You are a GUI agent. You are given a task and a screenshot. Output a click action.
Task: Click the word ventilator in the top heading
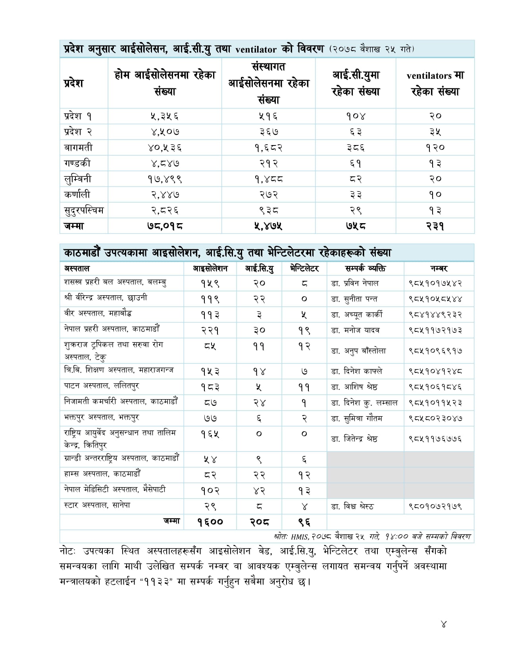tap(256, 50)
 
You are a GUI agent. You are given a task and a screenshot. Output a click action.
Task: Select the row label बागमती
tap(78, 147)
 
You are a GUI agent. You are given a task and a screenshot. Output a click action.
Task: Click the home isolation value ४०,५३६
tap(165, 147)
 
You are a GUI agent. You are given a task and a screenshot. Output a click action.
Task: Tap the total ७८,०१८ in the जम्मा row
tap(165, 226)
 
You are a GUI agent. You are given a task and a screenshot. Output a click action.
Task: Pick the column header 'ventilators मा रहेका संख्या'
tap(435, 83)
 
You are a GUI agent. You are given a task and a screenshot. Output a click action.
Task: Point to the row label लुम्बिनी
tap(77, 179)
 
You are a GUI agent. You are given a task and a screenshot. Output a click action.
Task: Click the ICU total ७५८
tap(356, 226)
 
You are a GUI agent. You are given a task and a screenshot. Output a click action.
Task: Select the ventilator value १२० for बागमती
tap(435, 147)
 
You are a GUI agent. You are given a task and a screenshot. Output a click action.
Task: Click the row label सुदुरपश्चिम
tap(84, 210)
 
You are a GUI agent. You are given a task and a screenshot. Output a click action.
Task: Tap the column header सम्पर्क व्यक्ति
tap(365, 268)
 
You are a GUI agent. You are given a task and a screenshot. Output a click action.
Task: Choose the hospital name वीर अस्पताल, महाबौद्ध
tap(98, 314)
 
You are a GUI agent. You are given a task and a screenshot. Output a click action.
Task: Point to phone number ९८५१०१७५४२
tap(435, 283)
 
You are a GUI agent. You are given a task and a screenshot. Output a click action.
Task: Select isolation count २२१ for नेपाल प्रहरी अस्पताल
tap(210, 330)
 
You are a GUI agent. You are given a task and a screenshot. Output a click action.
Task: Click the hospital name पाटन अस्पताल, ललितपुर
tap(102, 386)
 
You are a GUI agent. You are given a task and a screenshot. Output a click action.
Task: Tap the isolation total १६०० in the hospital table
tap(210, 522)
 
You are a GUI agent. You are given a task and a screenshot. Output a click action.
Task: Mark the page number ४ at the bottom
tap(443, 624)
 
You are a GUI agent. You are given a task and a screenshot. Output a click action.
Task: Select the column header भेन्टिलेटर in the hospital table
tap(304, 268)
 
